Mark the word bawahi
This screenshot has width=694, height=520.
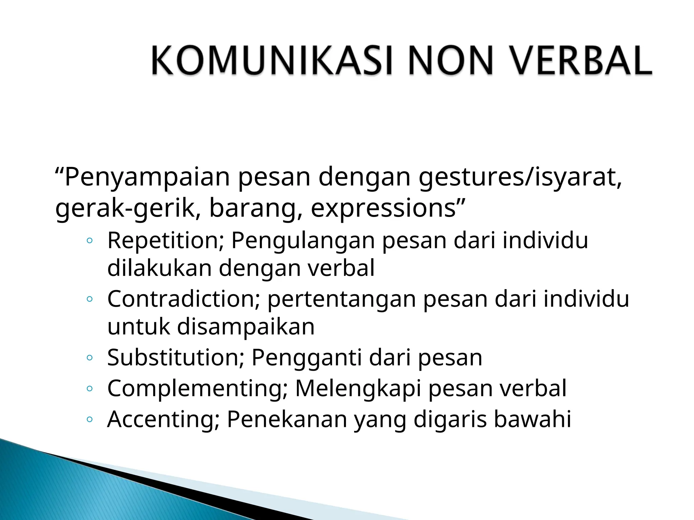tap(532, 419)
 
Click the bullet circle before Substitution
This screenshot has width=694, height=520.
tap(89, 358)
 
